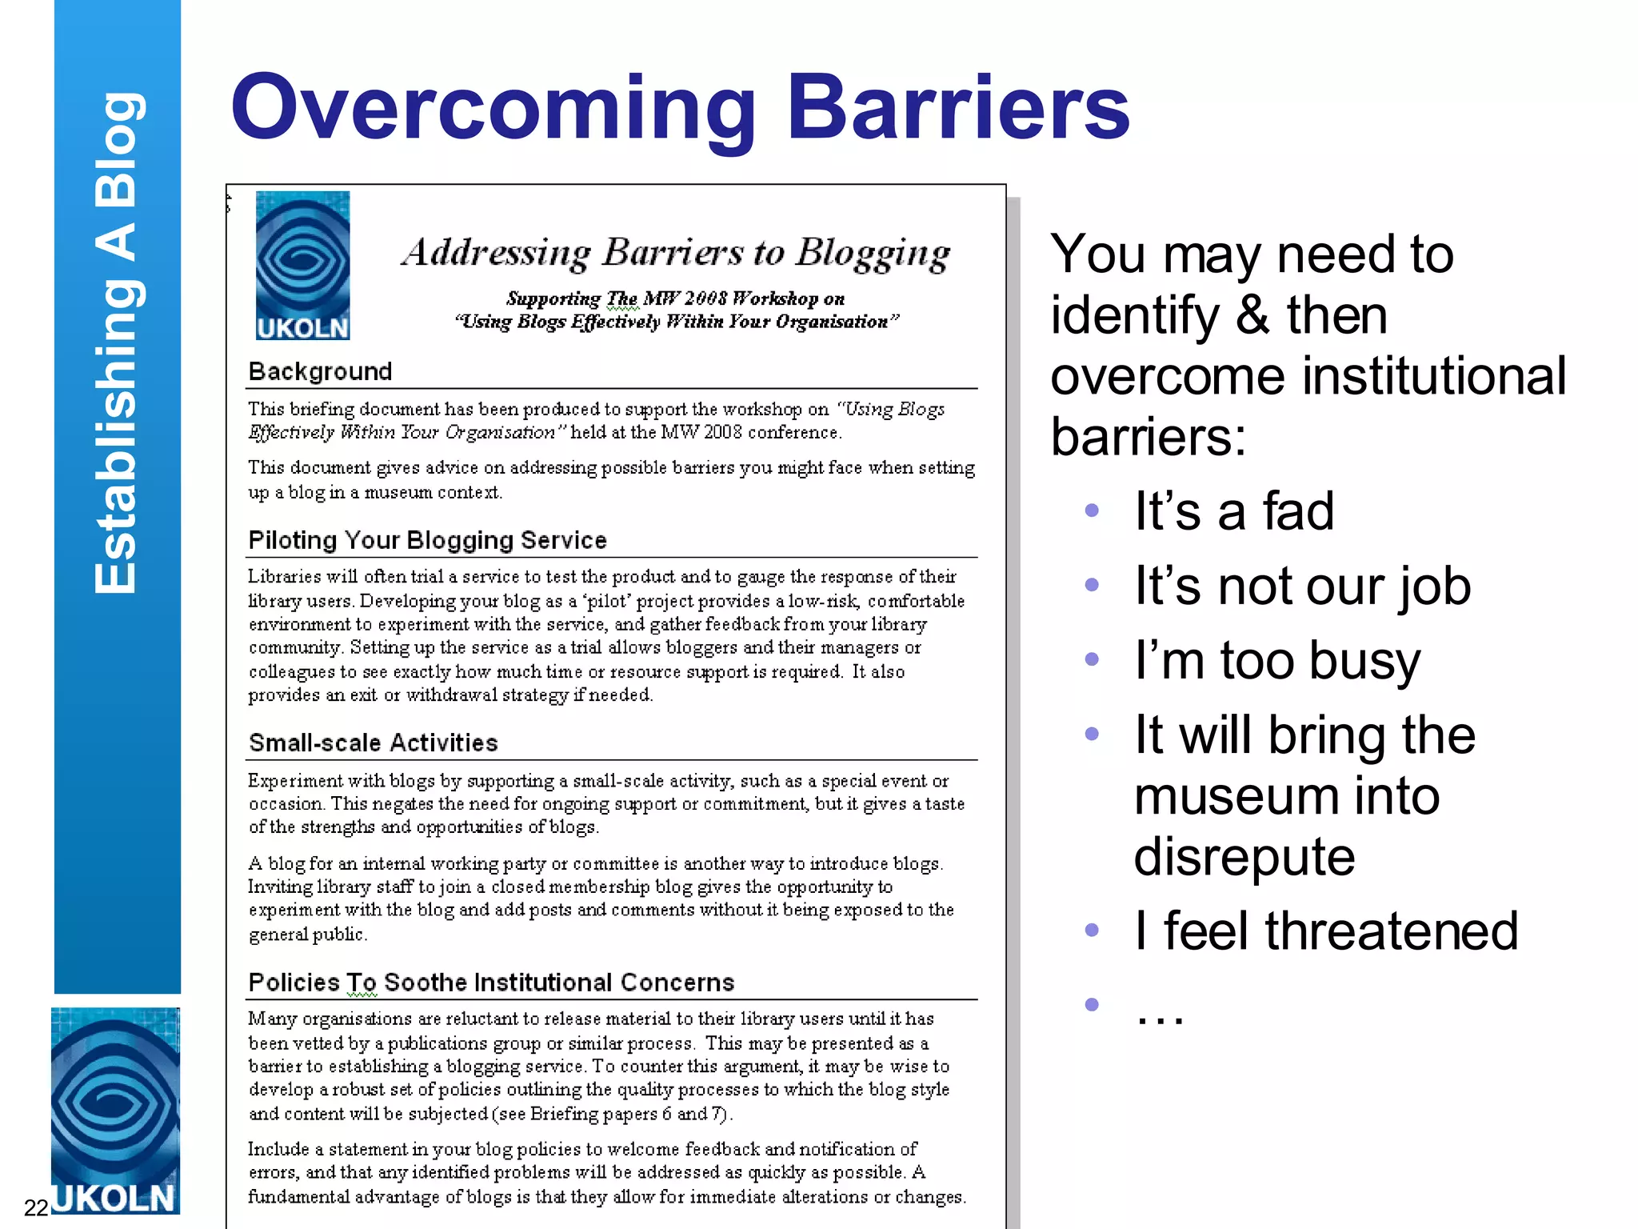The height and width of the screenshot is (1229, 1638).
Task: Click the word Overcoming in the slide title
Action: point(493,108)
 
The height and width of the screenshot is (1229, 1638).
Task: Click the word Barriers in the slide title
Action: point(957,108)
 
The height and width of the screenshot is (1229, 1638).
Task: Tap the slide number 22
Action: point(36,1207)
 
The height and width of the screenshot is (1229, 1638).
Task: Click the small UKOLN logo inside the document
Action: point(302,266)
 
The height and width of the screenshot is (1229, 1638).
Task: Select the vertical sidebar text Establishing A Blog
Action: point(117,344)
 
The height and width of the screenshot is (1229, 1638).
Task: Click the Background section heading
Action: point(320,371)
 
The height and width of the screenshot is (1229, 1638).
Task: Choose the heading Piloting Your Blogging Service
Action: point(427,540)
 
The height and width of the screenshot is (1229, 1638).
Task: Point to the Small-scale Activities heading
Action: point(373,743)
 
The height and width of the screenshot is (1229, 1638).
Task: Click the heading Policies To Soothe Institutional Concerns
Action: point(491,983)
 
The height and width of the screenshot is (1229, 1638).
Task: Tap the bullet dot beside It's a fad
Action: point(1092,510)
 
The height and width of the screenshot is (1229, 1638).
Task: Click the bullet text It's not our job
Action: point(1302,586)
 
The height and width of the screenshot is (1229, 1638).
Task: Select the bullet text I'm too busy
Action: point(1277,661)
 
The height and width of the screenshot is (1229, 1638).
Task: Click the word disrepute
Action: point(1244,857)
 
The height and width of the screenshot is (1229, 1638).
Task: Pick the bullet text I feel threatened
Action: point(1325,931)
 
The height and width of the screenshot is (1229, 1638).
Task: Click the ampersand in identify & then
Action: point(1252,315)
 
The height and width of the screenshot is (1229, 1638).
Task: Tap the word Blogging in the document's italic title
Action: point(873,253)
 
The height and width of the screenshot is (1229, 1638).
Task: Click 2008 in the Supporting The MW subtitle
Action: point(705,298)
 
